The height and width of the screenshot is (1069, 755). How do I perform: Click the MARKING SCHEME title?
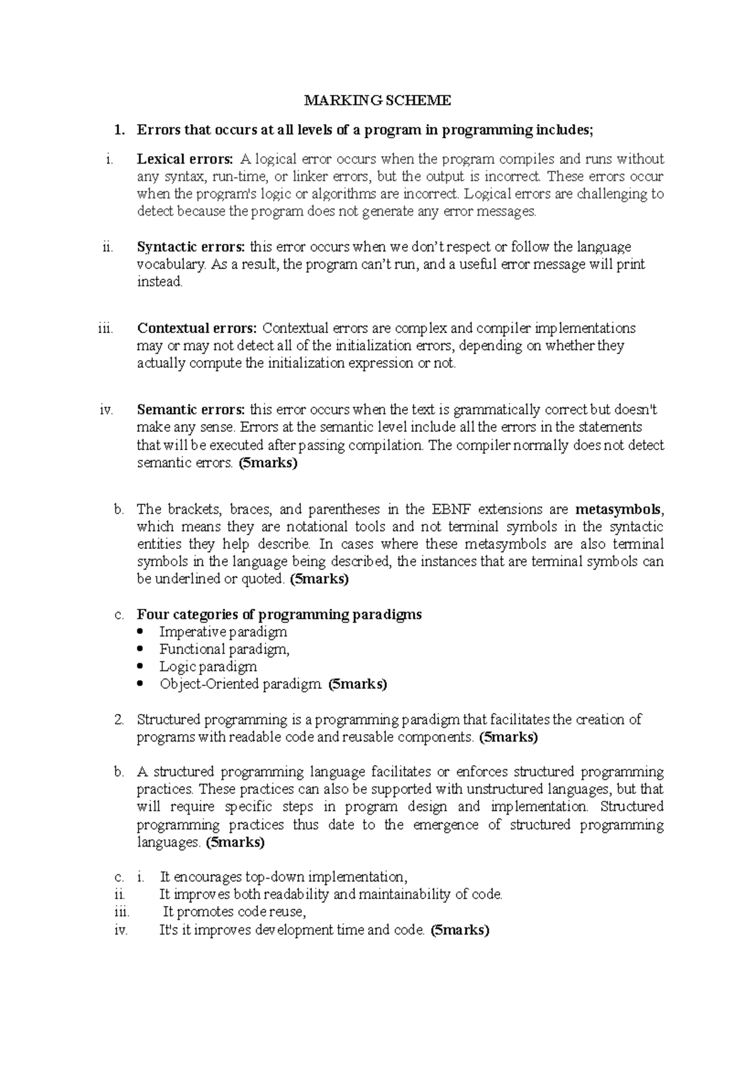(x=377, y=100)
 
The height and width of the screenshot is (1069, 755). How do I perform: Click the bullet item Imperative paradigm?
(x=223, y=631)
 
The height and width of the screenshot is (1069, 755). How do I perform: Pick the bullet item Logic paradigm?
(x=208, y=666)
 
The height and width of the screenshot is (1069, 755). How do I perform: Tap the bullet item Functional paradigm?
(x=224, y=649)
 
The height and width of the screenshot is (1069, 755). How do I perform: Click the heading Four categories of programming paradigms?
(x=279, y=614)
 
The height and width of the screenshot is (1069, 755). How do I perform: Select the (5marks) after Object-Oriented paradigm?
(x=357, y=684)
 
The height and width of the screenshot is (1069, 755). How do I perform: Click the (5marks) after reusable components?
(x=508, y=737)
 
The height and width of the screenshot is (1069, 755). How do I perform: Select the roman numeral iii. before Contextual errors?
(x=106, y=328)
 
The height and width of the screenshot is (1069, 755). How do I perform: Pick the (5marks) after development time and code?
(x=459, y=930)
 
